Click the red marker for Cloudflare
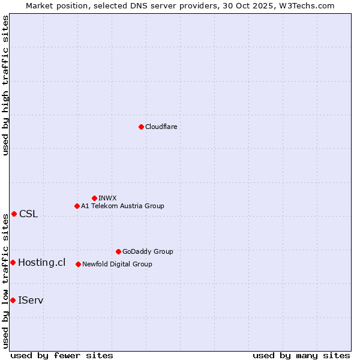[x=141, y=127]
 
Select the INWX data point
[x=94, y=198]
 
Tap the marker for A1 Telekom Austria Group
[x=77, y=206]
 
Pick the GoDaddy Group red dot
[x=118, y=251]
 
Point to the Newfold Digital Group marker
[x=78, y=264]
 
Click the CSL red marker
[x=14, y=214]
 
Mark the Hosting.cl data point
[x=13, y=262]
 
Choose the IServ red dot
[x=13, y=300]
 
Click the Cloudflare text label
[x=161, y=127]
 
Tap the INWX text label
[x=107, y=198]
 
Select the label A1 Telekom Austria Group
[x=122, y=206]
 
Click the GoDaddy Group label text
[x=148, y=251]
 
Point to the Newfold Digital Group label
[x=117, y=264]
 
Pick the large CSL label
[x=28, y=214]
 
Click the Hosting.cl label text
[x=41, y=262]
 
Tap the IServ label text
[x=31, y=300]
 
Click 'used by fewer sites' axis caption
[x=62, y=355]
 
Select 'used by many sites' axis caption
[x=301, y=355]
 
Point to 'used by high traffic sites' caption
[x=5, y=85]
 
